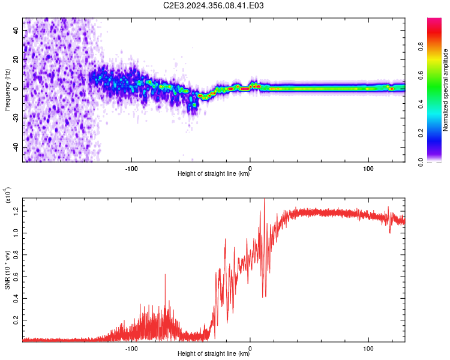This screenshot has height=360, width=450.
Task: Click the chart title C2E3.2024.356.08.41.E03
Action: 213,5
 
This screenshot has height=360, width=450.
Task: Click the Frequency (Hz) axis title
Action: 7,90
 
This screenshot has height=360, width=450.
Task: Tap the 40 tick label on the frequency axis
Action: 16,31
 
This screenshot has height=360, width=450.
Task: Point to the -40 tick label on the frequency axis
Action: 16,147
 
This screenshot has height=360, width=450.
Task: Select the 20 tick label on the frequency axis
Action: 16,60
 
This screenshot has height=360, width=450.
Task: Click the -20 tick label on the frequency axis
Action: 16,118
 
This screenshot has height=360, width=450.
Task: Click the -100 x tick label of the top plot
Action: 131,169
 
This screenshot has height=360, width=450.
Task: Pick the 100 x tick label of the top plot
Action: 368,169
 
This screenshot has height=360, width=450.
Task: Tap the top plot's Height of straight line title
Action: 214,173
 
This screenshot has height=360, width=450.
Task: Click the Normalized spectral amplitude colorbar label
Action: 445,90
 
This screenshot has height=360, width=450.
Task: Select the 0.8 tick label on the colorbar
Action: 421,46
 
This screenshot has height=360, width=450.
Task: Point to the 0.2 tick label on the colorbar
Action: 421,133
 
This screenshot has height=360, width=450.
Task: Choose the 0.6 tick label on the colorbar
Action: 421,75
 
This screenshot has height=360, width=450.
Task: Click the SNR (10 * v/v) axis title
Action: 7,270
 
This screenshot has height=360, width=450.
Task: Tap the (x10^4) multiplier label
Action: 8,195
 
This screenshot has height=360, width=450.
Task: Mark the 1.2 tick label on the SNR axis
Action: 16,211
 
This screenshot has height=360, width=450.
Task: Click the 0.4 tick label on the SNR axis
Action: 16,298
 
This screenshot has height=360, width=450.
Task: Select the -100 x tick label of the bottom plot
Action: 131,349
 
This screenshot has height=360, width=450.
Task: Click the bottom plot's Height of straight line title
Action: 214,353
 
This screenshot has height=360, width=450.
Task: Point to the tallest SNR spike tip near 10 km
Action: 265,199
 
